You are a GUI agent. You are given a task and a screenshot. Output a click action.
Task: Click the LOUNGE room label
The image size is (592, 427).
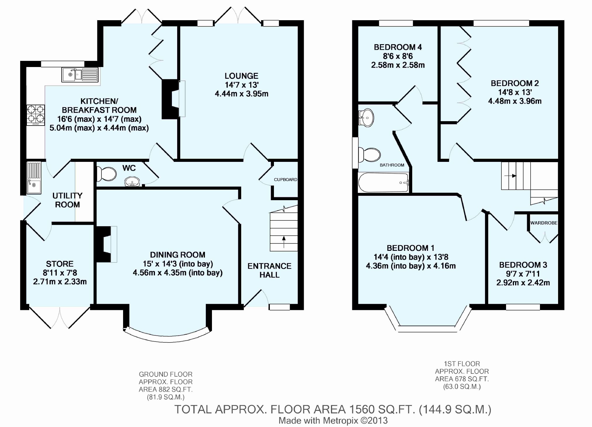coord(241,76)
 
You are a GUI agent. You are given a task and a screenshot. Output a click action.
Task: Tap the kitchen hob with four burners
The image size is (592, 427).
coord(36,115)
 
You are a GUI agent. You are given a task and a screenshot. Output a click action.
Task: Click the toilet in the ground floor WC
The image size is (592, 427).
coord(106,174)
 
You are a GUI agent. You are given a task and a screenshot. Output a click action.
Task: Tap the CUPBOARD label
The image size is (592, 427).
coord(286,180)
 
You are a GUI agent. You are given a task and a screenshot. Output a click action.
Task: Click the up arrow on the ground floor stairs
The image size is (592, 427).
coord(284,242)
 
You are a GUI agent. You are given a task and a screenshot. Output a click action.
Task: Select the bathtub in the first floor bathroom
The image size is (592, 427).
coord(383,182)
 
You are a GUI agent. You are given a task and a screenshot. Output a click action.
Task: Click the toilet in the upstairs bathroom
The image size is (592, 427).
coord(369,155)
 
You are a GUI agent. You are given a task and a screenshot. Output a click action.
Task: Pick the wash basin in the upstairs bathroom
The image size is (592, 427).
coord(366,118)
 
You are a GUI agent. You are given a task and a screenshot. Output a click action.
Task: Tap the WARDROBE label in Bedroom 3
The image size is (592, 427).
coord(544,223)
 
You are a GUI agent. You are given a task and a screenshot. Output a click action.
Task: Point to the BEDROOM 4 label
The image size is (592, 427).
coord(398,47)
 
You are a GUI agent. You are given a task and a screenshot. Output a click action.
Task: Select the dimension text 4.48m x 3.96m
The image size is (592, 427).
coord(515,101)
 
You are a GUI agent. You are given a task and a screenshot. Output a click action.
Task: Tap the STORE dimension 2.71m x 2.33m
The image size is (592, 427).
coord(60,282)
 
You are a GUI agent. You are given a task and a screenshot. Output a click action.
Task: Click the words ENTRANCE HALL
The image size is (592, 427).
coord(270,270)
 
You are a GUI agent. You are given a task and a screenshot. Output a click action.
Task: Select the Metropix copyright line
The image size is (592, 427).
coord(333,421)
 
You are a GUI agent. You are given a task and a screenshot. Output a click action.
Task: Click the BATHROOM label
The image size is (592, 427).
coord(392,165)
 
